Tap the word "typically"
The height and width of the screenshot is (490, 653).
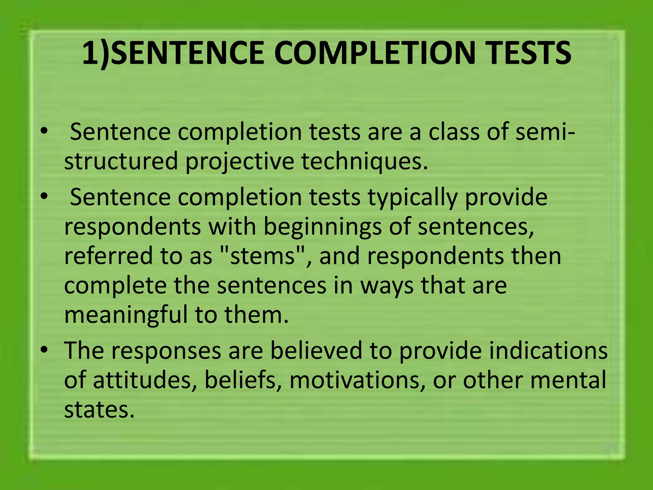click(413, 197)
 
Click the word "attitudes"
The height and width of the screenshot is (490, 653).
click(145, 380)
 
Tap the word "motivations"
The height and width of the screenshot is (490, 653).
click(357, 380)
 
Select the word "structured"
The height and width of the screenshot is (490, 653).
click(121, 161)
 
